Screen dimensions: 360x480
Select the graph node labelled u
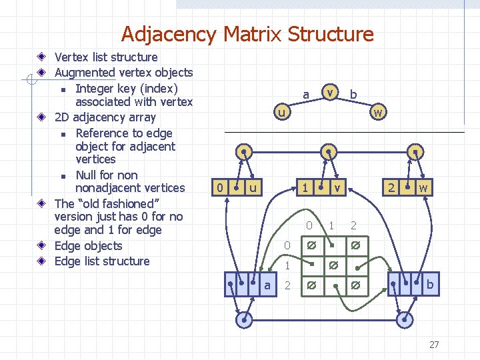click(x=282, y=112)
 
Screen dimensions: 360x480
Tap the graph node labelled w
click(x=378, y=112)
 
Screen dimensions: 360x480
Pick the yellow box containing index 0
click(x=220, y=188)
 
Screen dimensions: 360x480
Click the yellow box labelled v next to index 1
click(x=337, y=188)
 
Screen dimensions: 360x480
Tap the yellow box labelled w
click(x=423, y=188)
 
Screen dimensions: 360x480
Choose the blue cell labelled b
click(x=429, y=285)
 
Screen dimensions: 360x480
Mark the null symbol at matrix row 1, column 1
click(x=333, y=266)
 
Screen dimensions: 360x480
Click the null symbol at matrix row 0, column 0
click(x=310, y=246)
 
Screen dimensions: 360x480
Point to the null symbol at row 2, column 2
click(x=355, y=287)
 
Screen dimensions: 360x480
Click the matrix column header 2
click(x=354, y=226)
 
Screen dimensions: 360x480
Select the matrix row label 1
click(x=287, y=265)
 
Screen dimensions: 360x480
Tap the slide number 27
click(x=434, y=345)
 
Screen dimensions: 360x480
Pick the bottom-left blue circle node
click(x=245, y=319)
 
